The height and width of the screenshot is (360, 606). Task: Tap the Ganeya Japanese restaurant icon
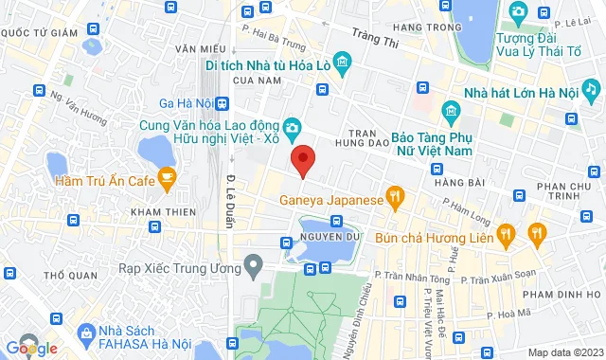395,199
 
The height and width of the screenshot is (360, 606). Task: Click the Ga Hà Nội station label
185,103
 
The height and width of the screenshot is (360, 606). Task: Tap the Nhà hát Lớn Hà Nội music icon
591,88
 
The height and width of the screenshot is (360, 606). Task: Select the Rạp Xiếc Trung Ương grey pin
252,266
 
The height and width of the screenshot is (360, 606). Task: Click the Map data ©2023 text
564,352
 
